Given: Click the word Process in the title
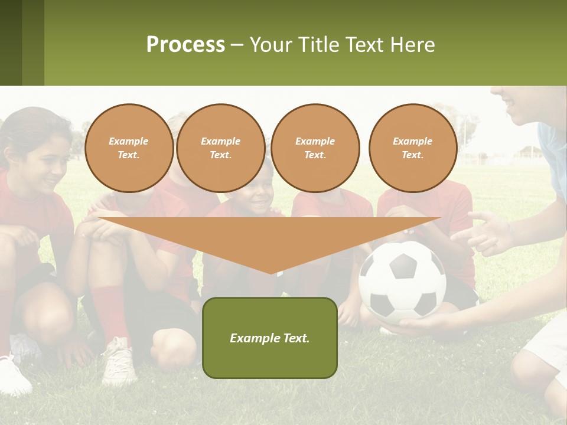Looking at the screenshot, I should pyautogui.click(x=185, y=45).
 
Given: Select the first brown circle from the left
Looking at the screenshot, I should pyautogui.click(x=129, y=148).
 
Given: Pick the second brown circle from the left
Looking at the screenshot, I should pyautogui.click(x=221, y=148).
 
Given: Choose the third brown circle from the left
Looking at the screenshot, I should pyautogui.click(x=315, y=148).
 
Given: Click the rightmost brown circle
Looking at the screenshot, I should pyautogui.click(x=413, y=148).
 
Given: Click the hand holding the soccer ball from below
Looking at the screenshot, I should pyautogui.click(x=419, y=326).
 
